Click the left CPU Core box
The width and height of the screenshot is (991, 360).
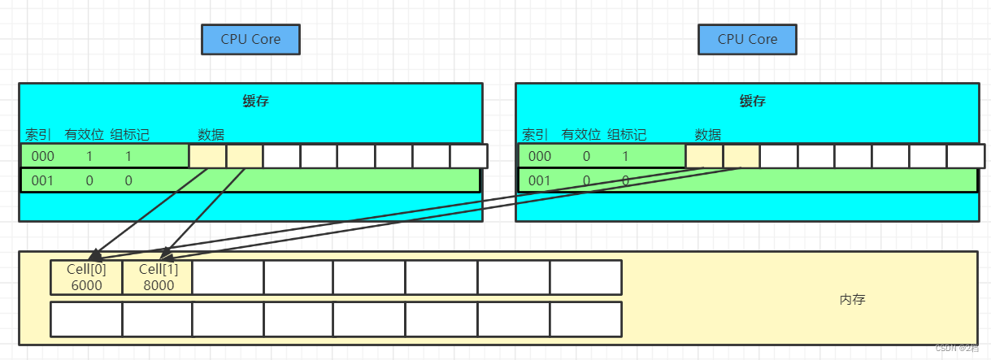(x=250, y=39)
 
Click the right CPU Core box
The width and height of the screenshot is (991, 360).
(x=747, y=39)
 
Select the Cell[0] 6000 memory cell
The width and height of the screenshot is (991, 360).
(x=86, y=277)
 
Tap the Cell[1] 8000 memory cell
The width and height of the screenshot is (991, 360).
(x=158, y=277)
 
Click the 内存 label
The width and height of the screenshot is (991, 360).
(x=852, y=300)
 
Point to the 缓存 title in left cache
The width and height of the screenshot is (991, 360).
(x=255, y=102)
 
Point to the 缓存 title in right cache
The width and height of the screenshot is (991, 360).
(x=752, y=102)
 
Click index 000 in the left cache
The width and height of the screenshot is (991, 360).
(x=43, y=156)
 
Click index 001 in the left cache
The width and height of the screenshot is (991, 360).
(x=43, y=180)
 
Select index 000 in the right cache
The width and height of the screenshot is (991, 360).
(x=540, y=156)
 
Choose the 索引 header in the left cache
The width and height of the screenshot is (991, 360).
(x=38, y=135)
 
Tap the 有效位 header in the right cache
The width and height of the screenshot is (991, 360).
(x=581, y=135)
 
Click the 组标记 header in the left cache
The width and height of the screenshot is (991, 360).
(x=130, y=135)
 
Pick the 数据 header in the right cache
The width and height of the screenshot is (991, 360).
(x=708, y=135)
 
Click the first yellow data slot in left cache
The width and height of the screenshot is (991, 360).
(x=207, y=156)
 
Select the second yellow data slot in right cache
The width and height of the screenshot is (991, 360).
(x=741, y=156)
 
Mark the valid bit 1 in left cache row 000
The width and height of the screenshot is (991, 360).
(x=90, y=156)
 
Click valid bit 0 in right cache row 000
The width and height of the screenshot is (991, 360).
(x=587, y=156)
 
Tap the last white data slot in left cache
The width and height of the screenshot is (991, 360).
(x=468, y=156)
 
